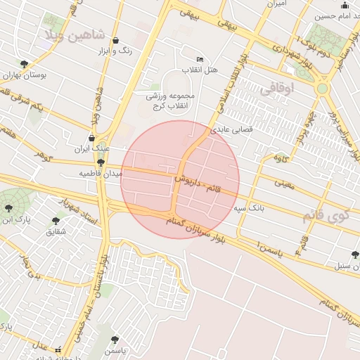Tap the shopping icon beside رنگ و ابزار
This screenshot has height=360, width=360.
pos(115,41)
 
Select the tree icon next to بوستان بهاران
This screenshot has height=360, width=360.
pos(25,64)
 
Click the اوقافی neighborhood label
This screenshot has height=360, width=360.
pos(276,89)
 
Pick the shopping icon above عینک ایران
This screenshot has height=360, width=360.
pos(91,139)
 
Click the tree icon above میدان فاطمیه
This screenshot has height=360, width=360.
pos(101,162)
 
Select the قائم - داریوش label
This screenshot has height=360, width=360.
pos(198,186)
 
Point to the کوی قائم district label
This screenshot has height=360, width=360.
pos(325,215)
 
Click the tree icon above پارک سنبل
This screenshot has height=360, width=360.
pos(354,255)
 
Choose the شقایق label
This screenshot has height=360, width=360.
pos(56,231)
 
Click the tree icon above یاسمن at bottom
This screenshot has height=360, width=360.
pos(115,340)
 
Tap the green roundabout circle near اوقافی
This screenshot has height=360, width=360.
pos(323,89)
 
